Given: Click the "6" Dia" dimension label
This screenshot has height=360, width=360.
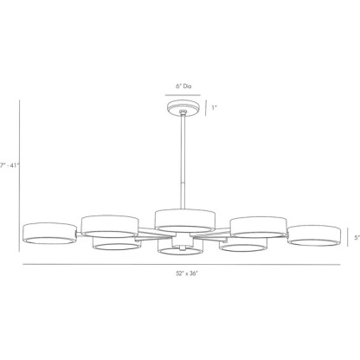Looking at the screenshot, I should point(181,87).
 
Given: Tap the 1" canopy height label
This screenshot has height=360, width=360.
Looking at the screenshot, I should point(214,107).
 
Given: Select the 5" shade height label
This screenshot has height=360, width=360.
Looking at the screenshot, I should point(357,235).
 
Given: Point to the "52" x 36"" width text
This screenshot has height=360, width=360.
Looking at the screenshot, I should point(181,273).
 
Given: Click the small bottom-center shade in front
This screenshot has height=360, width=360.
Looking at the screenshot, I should point(181,249).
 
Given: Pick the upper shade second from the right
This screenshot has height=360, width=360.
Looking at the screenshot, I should point(258,226).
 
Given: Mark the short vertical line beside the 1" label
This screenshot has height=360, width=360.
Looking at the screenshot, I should point(204,107).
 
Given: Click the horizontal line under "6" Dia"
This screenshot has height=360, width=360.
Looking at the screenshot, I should point(181,93).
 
